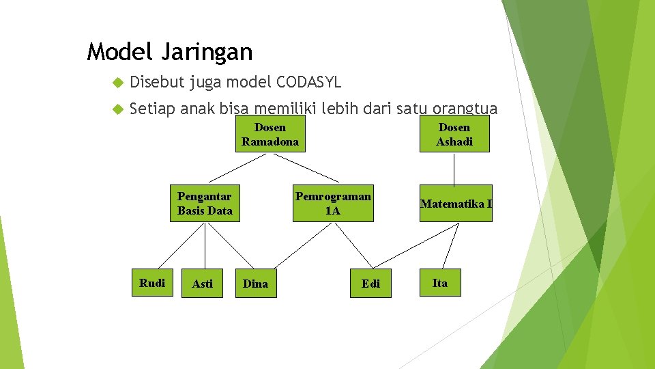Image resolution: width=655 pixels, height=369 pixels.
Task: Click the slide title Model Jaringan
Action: click(170, 51)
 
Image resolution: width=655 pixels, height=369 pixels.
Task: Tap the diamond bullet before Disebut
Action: click(117, 83)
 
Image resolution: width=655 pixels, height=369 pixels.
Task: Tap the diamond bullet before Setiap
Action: click(117, 109)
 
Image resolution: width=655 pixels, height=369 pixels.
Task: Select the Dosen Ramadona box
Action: click(270, 135)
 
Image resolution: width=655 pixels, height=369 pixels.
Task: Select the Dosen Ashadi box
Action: click(454, 135)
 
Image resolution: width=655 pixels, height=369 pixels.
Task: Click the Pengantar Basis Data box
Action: click(205, 204)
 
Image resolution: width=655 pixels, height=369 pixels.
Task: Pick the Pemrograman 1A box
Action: click(333, 204)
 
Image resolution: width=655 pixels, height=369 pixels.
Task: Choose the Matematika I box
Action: click(456, 204)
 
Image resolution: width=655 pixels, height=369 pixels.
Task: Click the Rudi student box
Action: click(152, 283)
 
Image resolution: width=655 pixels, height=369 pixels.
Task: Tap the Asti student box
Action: click(202, 284)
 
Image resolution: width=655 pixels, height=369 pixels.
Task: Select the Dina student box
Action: click(256, 284)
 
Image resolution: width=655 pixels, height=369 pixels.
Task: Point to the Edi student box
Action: click(371, 284)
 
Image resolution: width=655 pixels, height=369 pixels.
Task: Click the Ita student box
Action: click(440, 283)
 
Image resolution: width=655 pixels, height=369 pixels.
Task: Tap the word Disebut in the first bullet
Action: click(156, 83)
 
